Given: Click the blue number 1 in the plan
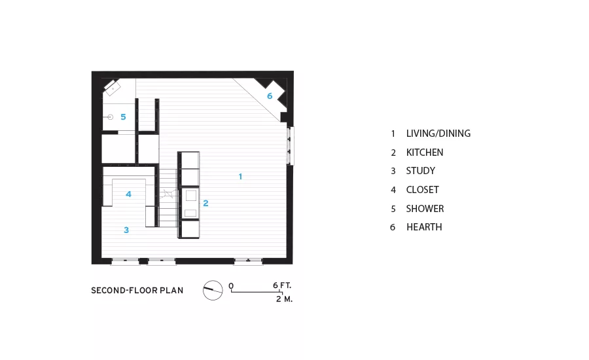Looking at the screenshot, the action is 240,176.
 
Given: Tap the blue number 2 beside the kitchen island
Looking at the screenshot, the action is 205,204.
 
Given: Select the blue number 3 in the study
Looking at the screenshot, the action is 126,230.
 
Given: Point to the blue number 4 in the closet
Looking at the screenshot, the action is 128,194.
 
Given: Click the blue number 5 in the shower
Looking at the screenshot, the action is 123,117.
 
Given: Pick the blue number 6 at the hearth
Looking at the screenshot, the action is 270,96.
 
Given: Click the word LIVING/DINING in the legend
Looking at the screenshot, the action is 438,134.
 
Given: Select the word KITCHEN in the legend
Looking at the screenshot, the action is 425,153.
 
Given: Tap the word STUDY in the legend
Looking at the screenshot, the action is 420,171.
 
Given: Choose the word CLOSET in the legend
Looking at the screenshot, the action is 422,189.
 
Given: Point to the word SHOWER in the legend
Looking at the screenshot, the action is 425,209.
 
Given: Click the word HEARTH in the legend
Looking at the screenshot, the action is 424,227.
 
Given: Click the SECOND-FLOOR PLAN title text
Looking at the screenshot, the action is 137,291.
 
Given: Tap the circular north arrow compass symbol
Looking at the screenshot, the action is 213,290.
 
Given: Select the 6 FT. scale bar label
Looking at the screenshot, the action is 282,285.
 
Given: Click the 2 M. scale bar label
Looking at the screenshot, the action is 285,299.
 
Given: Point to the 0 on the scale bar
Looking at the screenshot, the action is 231,285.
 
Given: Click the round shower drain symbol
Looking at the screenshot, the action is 111,117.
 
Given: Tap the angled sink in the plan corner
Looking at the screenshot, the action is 113,88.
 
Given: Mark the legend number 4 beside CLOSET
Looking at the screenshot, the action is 393,190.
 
